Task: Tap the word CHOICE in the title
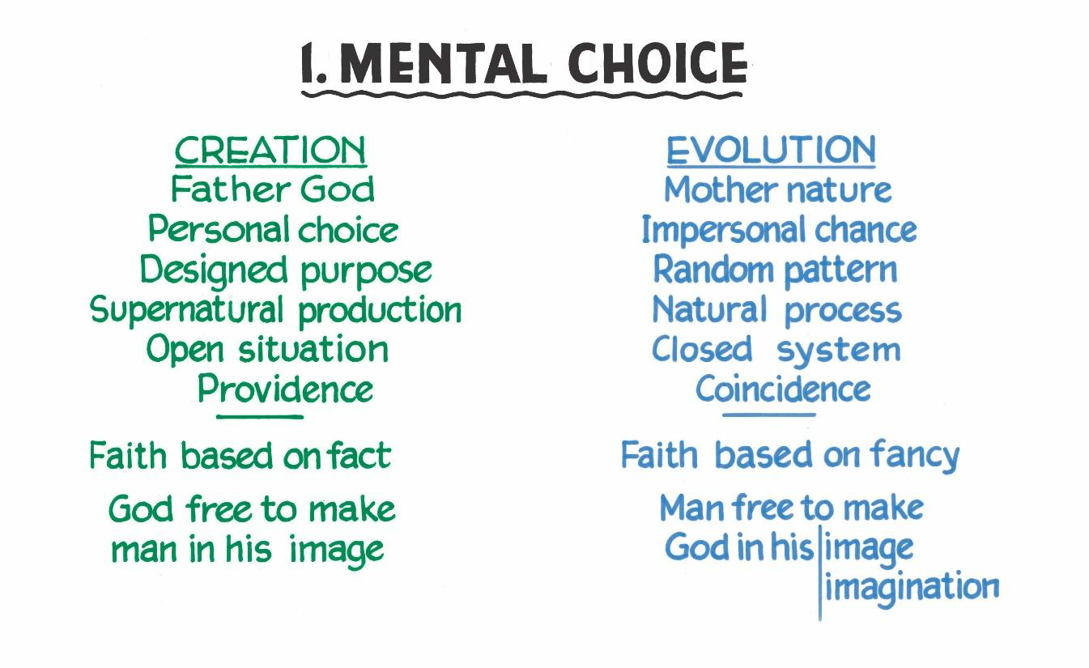coord(657,64)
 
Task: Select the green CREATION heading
coord(270,151)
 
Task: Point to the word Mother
coord(722,189)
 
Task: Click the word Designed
coord(214,270)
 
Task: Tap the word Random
coord(713,269)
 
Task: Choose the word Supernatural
coord(186,310)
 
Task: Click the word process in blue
coord(843,312)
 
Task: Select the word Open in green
coord(185,350)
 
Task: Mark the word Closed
coord(701,349)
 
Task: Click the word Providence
coord(285,389)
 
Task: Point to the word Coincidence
coord(783,389)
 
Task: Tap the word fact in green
coord(359,456)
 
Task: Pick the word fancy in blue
coord(916,457)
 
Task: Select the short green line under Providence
coord(260,417)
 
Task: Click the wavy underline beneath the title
coord(521,94)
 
